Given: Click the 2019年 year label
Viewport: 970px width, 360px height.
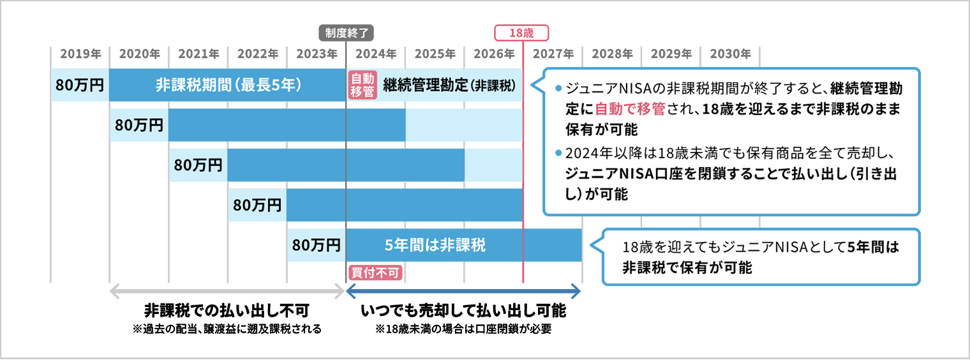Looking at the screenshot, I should (80, 54).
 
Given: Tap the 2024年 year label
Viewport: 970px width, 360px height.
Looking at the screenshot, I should (375, 54).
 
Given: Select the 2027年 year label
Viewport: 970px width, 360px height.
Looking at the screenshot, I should (553, 54).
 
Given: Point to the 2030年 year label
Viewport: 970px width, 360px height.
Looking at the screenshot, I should (730, 54).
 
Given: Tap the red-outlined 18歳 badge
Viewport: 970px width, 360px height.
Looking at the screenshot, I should (522, 33).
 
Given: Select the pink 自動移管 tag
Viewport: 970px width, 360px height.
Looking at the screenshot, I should (362, 85).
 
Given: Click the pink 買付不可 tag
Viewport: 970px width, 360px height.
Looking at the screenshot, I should (376, 273).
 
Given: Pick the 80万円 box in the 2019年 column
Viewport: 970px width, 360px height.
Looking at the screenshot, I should (80, 85).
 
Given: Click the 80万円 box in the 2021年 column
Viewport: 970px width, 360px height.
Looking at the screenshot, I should (198, 165).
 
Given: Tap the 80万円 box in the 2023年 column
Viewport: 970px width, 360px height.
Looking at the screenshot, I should (316, 244).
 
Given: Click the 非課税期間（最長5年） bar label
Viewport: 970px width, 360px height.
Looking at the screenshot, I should (228, 85).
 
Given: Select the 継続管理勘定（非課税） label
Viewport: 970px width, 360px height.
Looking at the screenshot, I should (449, 85).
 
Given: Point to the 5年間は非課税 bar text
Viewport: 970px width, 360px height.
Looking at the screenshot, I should (435, 244).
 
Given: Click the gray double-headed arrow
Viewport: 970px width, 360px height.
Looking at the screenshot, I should (227, 292).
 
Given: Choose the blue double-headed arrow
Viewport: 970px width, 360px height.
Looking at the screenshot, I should (463, 292).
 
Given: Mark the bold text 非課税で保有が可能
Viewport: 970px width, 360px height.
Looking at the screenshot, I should (687, 268).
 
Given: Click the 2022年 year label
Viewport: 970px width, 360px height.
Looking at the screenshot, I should (257, 54).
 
